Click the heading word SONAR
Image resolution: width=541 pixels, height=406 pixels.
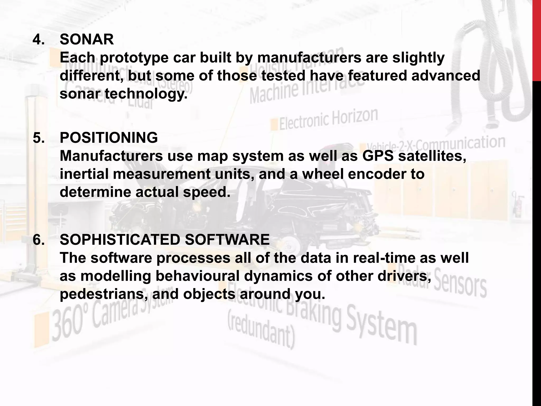[x=87, y=40]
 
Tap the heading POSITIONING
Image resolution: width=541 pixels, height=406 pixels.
[x=109, y=138]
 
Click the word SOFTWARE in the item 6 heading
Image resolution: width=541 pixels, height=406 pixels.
[x=227, y=240]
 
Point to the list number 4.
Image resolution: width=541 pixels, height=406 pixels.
[x=39, y=40]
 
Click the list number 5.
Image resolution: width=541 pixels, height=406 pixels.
[x=39, y=138]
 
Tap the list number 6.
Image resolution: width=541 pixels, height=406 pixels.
[x=39, y=240]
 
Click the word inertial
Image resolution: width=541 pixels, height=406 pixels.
[x=84, y=174]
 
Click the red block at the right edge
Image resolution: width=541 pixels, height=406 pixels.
[x=537, y=40]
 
